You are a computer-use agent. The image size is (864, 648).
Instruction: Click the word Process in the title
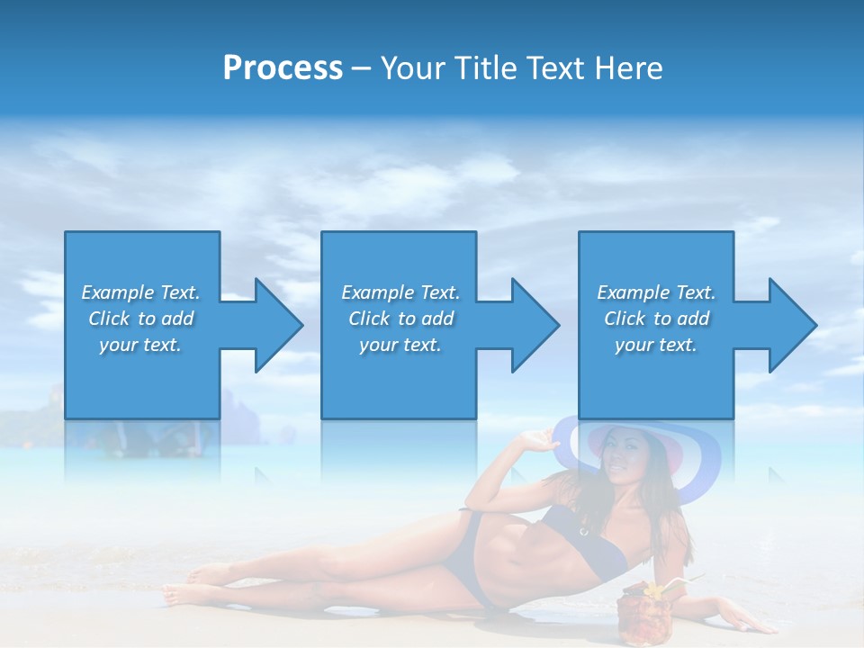point(283,68)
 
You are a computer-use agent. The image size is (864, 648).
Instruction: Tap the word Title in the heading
point(487,68)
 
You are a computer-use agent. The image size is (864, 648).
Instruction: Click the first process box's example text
point(140,319)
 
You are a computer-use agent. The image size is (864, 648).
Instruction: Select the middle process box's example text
point(400,319)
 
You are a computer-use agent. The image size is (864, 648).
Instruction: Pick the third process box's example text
point(656,319)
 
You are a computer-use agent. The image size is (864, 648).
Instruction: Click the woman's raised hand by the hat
point(537,440)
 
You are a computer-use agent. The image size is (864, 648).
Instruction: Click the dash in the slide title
point(361,68)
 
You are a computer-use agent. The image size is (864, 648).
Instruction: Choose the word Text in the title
point(553,68)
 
